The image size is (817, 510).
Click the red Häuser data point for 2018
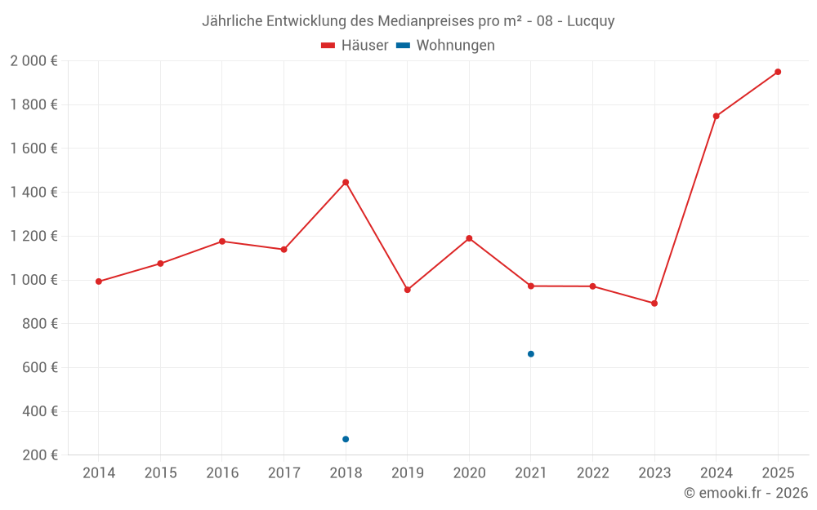pyautogui.click(x=346, y=182)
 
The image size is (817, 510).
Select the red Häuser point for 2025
pyautogui.click(x=778, y=72)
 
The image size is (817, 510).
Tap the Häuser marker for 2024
pyautogui.click(x=716, y=116)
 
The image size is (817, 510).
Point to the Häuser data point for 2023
pyautogui.click(x=654, y=304)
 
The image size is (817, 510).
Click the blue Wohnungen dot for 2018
pyautogui.click(x=346, y=439)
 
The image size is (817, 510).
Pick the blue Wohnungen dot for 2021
pyautogui.click(x=531, y=354)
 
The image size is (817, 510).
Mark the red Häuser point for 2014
pyautogui.click(x=99, y=282)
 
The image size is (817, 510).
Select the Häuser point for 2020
pyautogui.click(x=469, y=238)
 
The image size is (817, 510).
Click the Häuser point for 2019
pyautogui.click(x=408, y=290)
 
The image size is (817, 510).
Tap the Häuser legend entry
pyautogui.click(x=355, y=46)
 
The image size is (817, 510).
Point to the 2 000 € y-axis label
pyautogui.click(x=33, y=61)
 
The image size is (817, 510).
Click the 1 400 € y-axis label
pyautogui.click(x=33, y=193)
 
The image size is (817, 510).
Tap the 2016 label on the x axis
pyautogui.click(x=222, y=473)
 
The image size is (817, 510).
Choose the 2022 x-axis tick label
pyautogui.click(x=592, y=473)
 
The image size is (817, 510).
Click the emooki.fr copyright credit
pyautogui.click(x=746, y=493)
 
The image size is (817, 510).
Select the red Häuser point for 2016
pyautogui.click(x=222, y=242)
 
